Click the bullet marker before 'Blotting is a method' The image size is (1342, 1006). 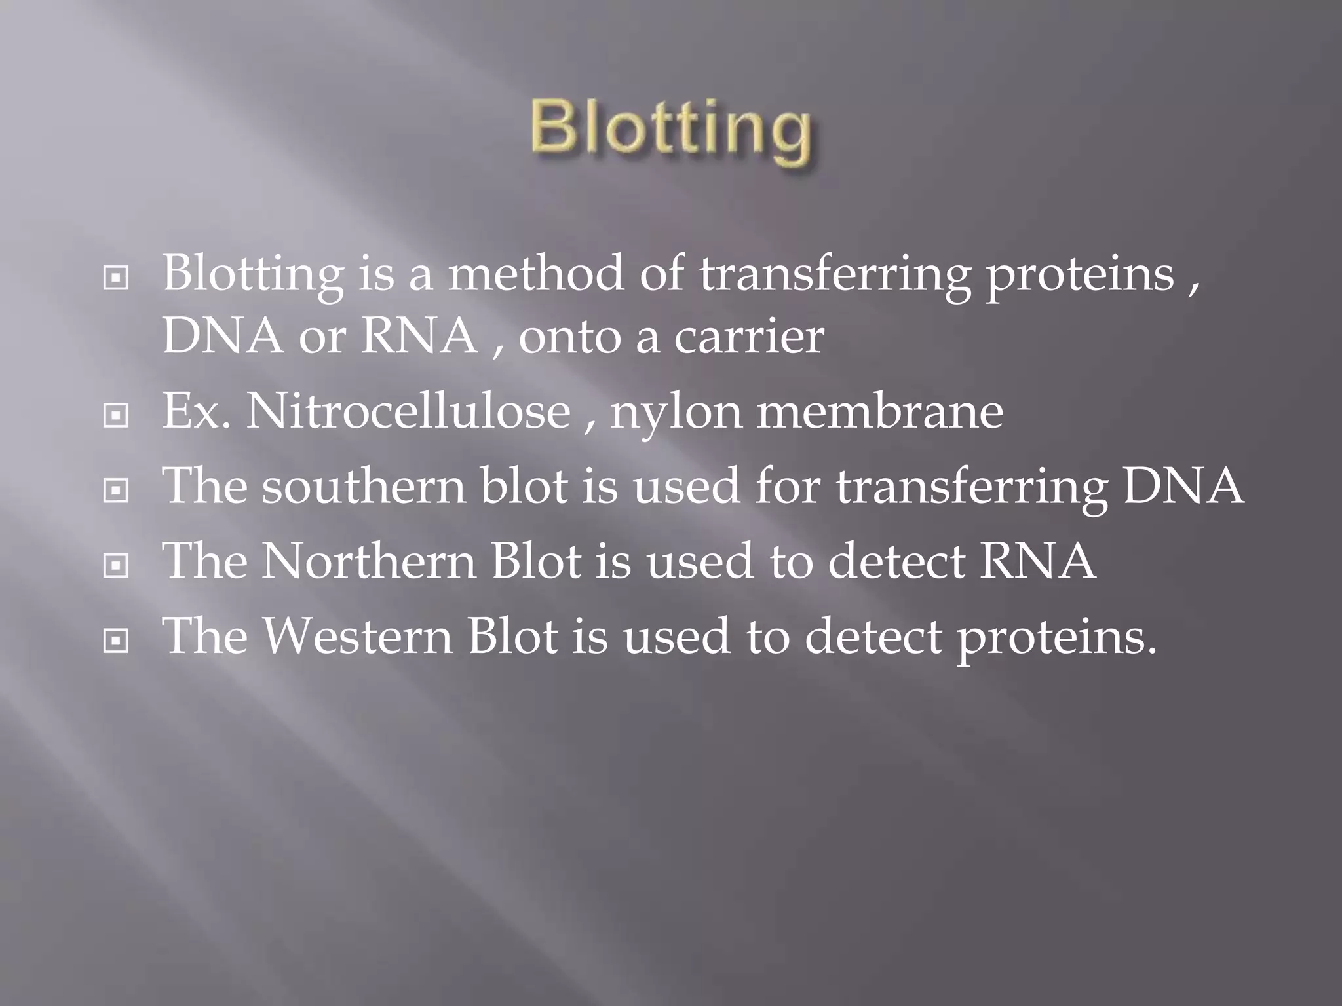(116, 279)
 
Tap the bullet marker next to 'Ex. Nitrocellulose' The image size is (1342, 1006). (116, 415)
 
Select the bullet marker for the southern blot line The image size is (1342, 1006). (116, 490)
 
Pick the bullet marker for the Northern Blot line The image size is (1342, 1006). (116, 565)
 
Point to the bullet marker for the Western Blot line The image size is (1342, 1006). (116, 641)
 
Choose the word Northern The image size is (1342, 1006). (370, 561)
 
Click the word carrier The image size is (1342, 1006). (749, 337)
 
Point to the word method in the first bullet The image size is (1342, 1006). (536, 273)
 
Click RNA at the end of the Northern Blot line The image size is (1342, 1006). (1037, 561)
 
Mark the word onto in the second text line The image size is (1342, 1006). (570, 337)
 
